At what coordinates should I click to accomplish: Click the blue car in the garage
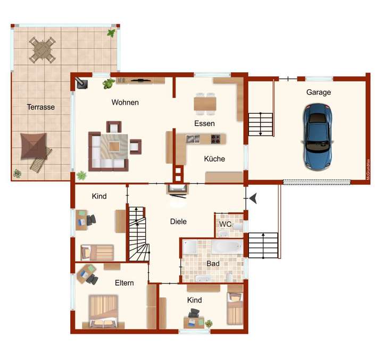click(319, 136)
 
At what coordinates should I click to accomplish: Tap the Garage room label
click(318, 92)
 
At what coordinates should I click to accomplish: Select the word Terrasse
click(41, 107)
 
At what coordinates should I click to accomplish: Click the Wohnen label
click(125, 102)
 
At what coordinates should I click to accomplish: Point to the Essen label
click(204, 123)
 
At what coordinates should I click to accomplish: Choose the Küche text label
click(214, 158)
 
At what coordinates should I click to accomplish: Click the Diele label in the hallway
click(178, 221)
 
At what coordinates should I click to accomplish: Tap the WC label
click(226, 224)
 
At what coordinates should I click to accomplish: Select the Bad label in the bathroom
click(213, 263)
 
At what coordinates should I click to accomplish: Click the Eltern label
click(124, 283)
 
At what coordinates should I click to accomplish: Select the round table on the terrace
click(41, 49)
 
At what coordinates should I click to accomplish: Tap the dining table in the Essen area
click(205, 103)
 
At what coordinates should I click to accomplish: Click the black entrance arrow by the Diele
click(255, 198)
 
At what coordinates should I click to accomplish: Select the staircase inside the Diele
click(138, 234)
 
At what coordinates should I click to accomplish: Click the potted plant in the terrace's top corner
click(111, 33)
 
